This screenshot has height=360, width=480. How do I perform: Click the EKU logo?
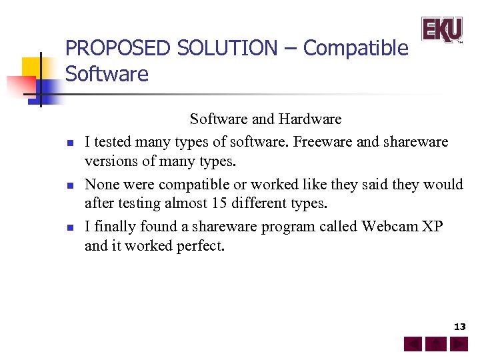tap(441, 29)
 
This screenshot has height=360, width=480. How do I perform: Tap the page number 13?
tap(459, 327)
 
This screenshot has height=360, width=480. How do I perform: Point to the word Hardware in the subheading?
tap(310, 119)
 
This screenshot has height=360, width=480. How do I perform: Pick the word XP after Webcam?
tap(433, 227)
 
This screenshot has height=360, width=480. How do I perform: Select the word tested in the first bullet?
tap(112, 141)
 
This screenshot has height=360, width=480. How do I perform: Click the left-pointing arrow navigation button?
tap(413, 345)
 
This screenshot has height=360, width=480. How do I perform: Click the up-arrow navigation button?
tap(436, 345)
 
